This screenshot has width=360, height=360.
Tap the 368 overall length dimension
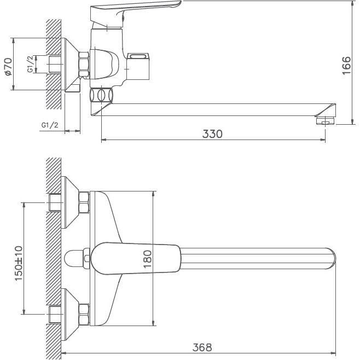point(202,347)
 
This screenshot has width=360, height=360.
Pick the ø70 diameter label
point(8,65)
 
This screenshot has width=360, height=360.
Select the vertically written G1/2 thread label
point(30,65)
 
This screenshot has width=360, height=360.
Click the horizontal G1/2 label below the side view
point(50,125)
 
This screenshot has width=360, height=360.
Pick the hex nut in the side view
point(84,64)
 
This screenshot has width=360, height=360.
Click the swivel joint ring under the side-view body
point(101,95)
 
